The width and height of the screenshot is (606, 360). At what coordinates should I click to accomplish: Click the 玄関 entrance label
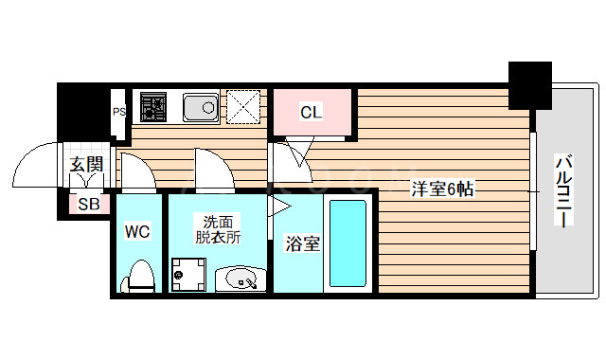click(x=86, y=166)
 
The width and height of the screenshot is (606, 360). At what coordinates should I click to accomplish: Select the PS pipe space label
click(x=119, y=112)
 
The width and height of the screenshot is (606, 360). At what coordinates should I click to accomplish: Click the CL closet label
click(x=312, y=113)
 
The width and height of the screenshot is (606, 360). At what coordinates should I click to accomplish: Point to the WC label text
click(x=138, y=230)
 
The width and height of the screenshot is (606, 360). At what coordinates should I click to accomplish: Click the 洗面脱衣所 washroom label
click(x=219, y=230)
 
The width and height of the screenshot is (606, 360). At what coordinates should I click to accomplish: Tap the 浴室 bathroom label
click(x=303, y=244)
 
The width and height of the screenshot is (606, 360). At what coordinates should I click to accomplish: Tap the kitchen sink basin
click(x=200, y=107)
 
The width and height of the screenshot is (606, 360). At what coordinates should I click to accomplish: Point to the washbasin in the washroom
click(x=241, y=279)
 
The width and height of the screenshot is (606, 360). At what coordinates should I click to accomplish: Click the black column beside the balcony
click(x=529, y=85)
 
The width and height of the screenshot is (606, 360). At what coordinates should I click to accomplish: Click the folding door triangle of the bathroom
click(x=281, y=205)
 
